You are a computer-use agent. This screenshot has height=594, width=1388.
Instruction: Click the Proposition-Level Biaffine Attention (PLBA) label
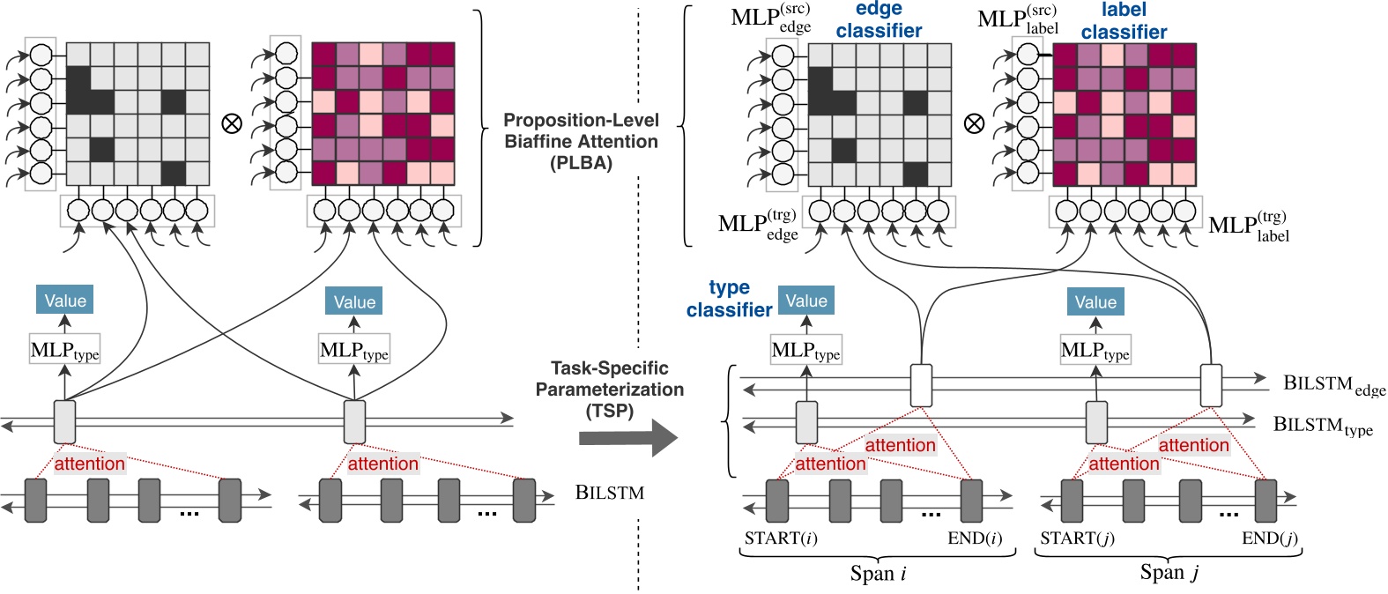point(581,141)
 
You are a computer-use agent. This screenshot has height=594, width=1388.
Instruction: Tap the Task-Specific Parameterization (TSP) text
point(610,389)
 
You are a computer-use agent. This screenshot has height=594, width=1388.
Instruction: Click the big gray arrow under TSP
point(627,438)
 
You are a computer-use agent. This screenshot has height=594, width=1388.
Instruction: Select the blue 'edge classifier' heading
point(879,20)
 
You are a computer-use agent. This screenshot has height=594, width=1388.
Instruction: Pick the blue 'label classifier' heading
point(1124,21)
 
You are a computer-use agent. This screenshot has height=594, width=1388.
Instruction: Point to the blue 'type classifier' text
point(729,299)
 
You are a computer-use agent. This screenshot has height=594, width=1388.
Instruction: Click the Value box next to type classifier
point(805,301)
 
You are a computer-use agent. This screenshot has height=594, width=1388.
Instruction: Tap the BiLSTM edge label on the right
point(1332,385)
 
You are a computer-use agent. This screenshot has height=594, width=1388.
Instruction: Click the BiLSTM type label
point(1322,426)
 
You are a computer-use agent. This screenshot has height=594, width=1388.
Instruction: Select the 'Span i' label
point(878,574)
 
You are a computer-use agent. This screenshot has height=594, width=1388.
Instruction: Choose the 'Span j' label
point(1169,573)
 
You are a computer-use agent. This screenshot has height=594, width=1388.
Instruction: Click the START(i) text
point(781,538)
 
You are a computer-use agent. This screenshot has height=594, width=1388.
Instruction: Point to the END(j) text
point(1269,538)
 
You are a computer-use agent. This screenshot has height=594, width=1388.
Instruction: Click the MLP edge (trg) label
point(758,225)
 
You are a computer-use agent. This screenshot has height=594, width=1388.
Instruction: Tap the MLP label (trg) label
point(1249,226)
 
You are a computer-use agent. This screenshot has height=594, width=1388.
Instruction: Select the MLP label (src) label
point(1018,20)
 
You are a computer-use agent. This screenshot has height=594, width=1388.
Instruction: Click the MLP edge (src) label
point(770,19)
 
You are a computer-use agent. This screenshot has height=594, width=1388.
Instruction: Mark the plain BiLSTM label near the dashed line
point(609,493)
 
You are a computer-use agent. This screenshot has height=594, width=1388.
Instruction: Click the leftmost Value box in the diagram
point(64,301)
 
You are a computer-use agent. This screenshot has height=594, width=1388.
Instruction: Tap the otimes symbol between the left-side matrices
point(232,123)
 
